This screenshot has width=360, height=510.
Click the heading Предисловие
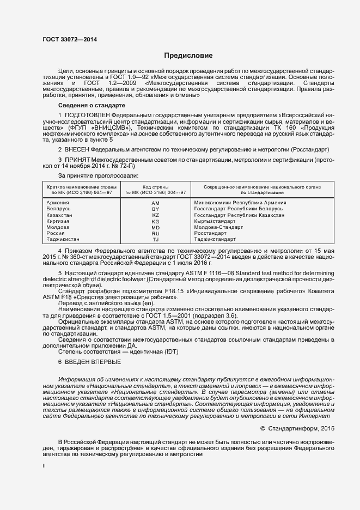[188, 56]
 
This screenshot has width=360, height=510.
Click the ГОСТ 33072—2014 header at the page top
[65, 39]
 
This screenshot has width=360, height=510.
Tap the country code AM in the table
[155, 203]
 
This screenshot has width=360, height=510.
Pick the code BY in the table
[155, 209]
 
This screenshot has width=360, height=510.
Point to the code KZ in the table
[155, 215]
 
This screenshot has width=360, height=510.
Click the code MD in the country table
[155, 227]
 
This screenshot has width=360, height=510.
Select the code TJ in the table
[155, 240]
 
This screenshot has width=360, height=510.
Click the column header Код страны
[155, 186]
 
